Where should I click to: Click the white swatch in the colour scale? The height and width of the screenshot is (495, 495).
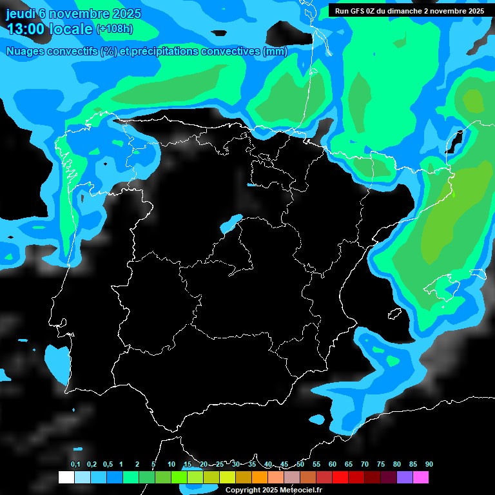pyautogui.click(x=66, y=478)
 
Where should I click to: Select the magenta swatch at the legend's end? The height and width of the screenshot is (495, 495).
pyautogui.click(x=421, y=478)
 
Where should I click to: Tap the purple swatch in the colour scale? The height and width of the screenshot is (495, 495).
pyautogui.click(x=405, y=478)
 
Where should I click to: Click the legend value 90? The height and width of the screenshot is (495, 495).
pyautogui.click(x=429, y=465)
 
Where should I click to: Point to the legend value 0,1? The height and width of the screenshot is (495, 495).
pyautogui.click(x=75, y=465)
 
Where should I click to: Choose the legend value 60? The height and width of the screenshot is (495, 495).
pyautogui.click(x=333, y=465)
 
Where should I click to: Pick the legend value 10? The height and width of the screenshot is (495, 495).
pyautogui.click(x=171, y=465)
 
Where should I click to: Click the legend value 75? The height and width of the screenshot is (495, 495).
pyautogui.click(x=381, y=465)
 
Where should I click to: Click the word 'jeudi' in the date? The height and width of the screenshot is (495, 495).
pyautogui.click(x=21, y=14)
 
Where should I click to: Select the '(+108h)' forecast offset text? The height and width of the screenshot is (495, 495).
pyautogui.click(x=114, y=29)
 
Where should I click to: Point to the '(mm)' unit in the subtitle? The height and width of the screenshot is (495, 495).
pyautogui.click(x=275, y=52)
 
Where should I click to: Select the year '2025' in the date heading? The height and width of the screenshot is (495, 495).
pyautogui.click(x=126, y=14)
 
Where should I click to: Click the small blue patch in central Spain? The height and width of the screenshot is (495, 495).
pyautogui.click(x=231, y=223)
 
